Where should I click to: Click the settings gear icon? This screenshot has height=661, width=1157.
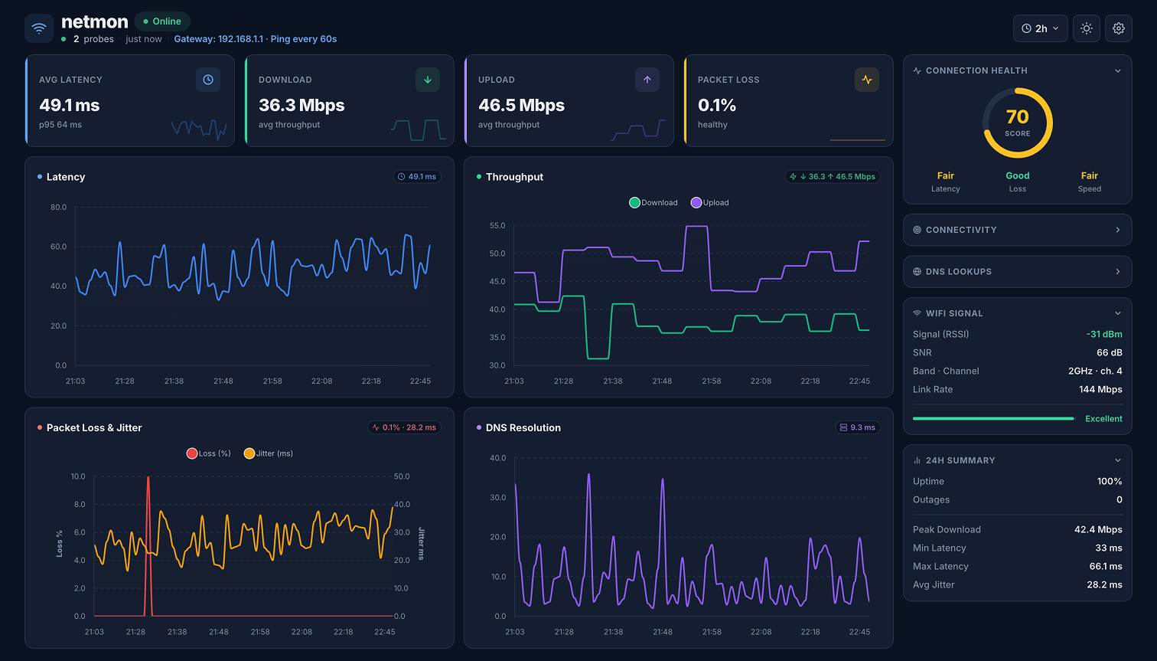(1118, 28)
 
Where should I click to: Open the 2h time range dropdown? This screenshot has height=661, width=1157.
(1040, 28)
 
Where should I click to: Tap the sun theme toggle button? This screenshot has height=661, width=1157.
(1086, 28)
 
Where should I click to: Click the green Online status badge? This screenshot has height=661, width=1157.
(162, 21)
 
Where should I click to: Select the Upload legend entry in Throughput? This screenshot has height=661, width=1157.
(709, 203)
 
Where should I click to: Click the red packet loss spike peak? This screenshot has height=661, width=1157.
(148, 478)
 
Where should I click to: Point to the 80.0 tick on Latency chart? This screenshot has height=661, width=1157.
(58, 208)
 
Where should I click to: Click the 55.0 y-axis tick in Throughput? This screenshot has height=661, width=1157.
(497, 226)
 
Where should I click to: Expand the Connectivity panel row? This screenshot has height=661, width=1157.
(1017, 230)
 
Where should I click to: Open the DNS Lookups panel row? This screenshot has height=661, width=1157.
(1017, 272)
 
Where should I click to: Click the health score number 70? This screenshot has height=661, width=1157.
(1017, 116)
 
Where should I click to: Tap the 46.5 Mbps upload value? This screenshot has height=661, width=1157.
(521, 105)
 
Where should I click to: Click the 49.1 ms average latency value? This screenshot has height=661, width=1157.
(70, 105)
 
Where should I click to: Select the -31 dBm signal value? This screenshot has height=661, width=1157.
(1103, 334)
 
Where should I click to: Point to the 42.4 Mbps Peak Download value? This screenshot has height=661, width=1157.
(1098, 529)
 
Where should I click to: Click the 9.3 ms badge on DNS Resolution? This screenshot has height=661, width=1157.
(857, 427)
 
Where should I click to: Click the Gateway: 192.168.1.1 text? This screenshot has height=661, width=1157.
(218, 39)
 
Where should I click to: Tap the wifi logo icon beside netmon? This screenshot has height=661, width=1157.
(39, 28)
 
